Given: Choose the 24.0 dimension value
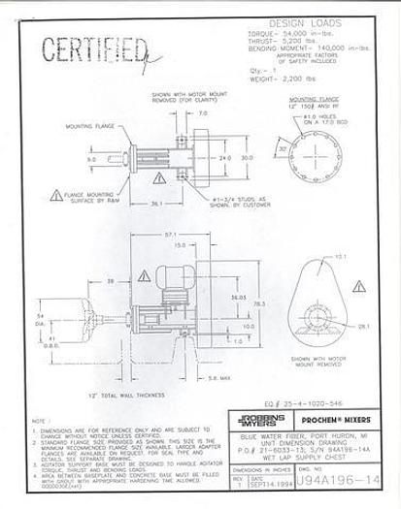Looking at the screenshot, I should pyautogui.click(x=224, y=158).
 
